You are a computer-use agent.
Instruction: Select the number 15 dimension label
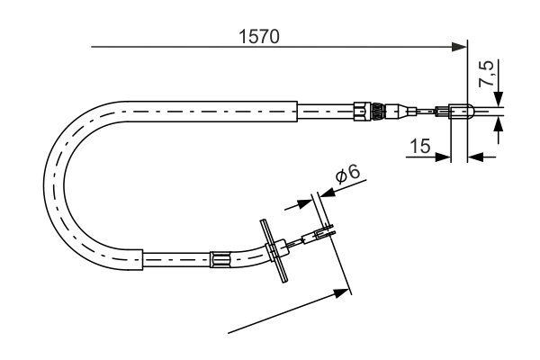418,146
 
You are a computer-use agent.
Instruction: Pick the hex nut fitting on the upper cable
361,112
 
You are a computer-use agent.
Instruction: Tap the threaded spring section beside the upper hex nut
377,112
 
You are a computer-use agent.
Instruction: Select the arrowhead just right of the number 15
444,157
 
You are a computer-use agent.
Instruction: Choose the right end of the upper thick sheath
295,112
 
